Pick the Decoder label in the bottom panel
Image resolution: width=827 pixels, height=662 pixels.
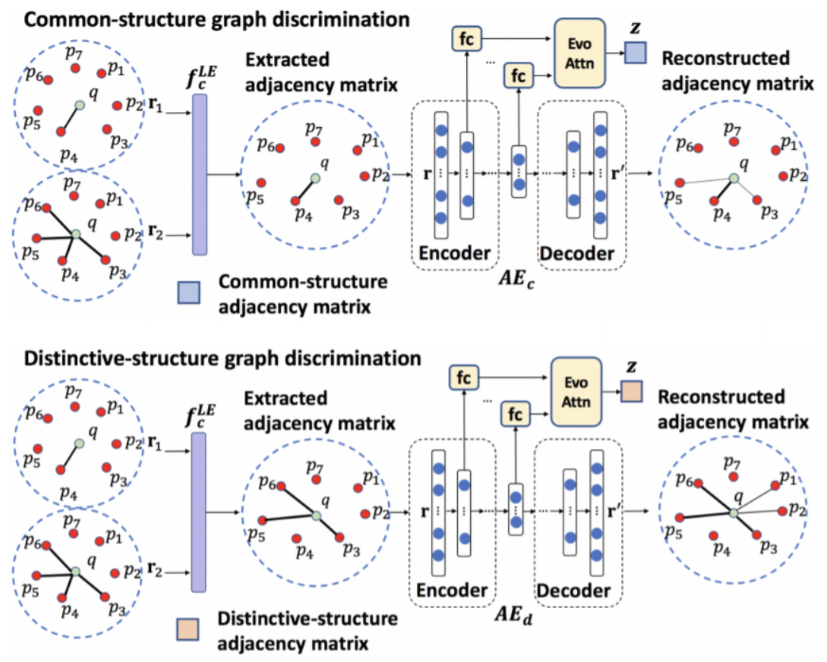click(576, 589)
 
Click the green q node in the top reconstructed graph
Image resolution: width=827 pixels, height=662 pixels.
click(733, 178)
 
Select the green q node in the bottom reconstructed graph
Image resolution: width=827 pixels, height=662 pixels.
click(733, 513)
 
